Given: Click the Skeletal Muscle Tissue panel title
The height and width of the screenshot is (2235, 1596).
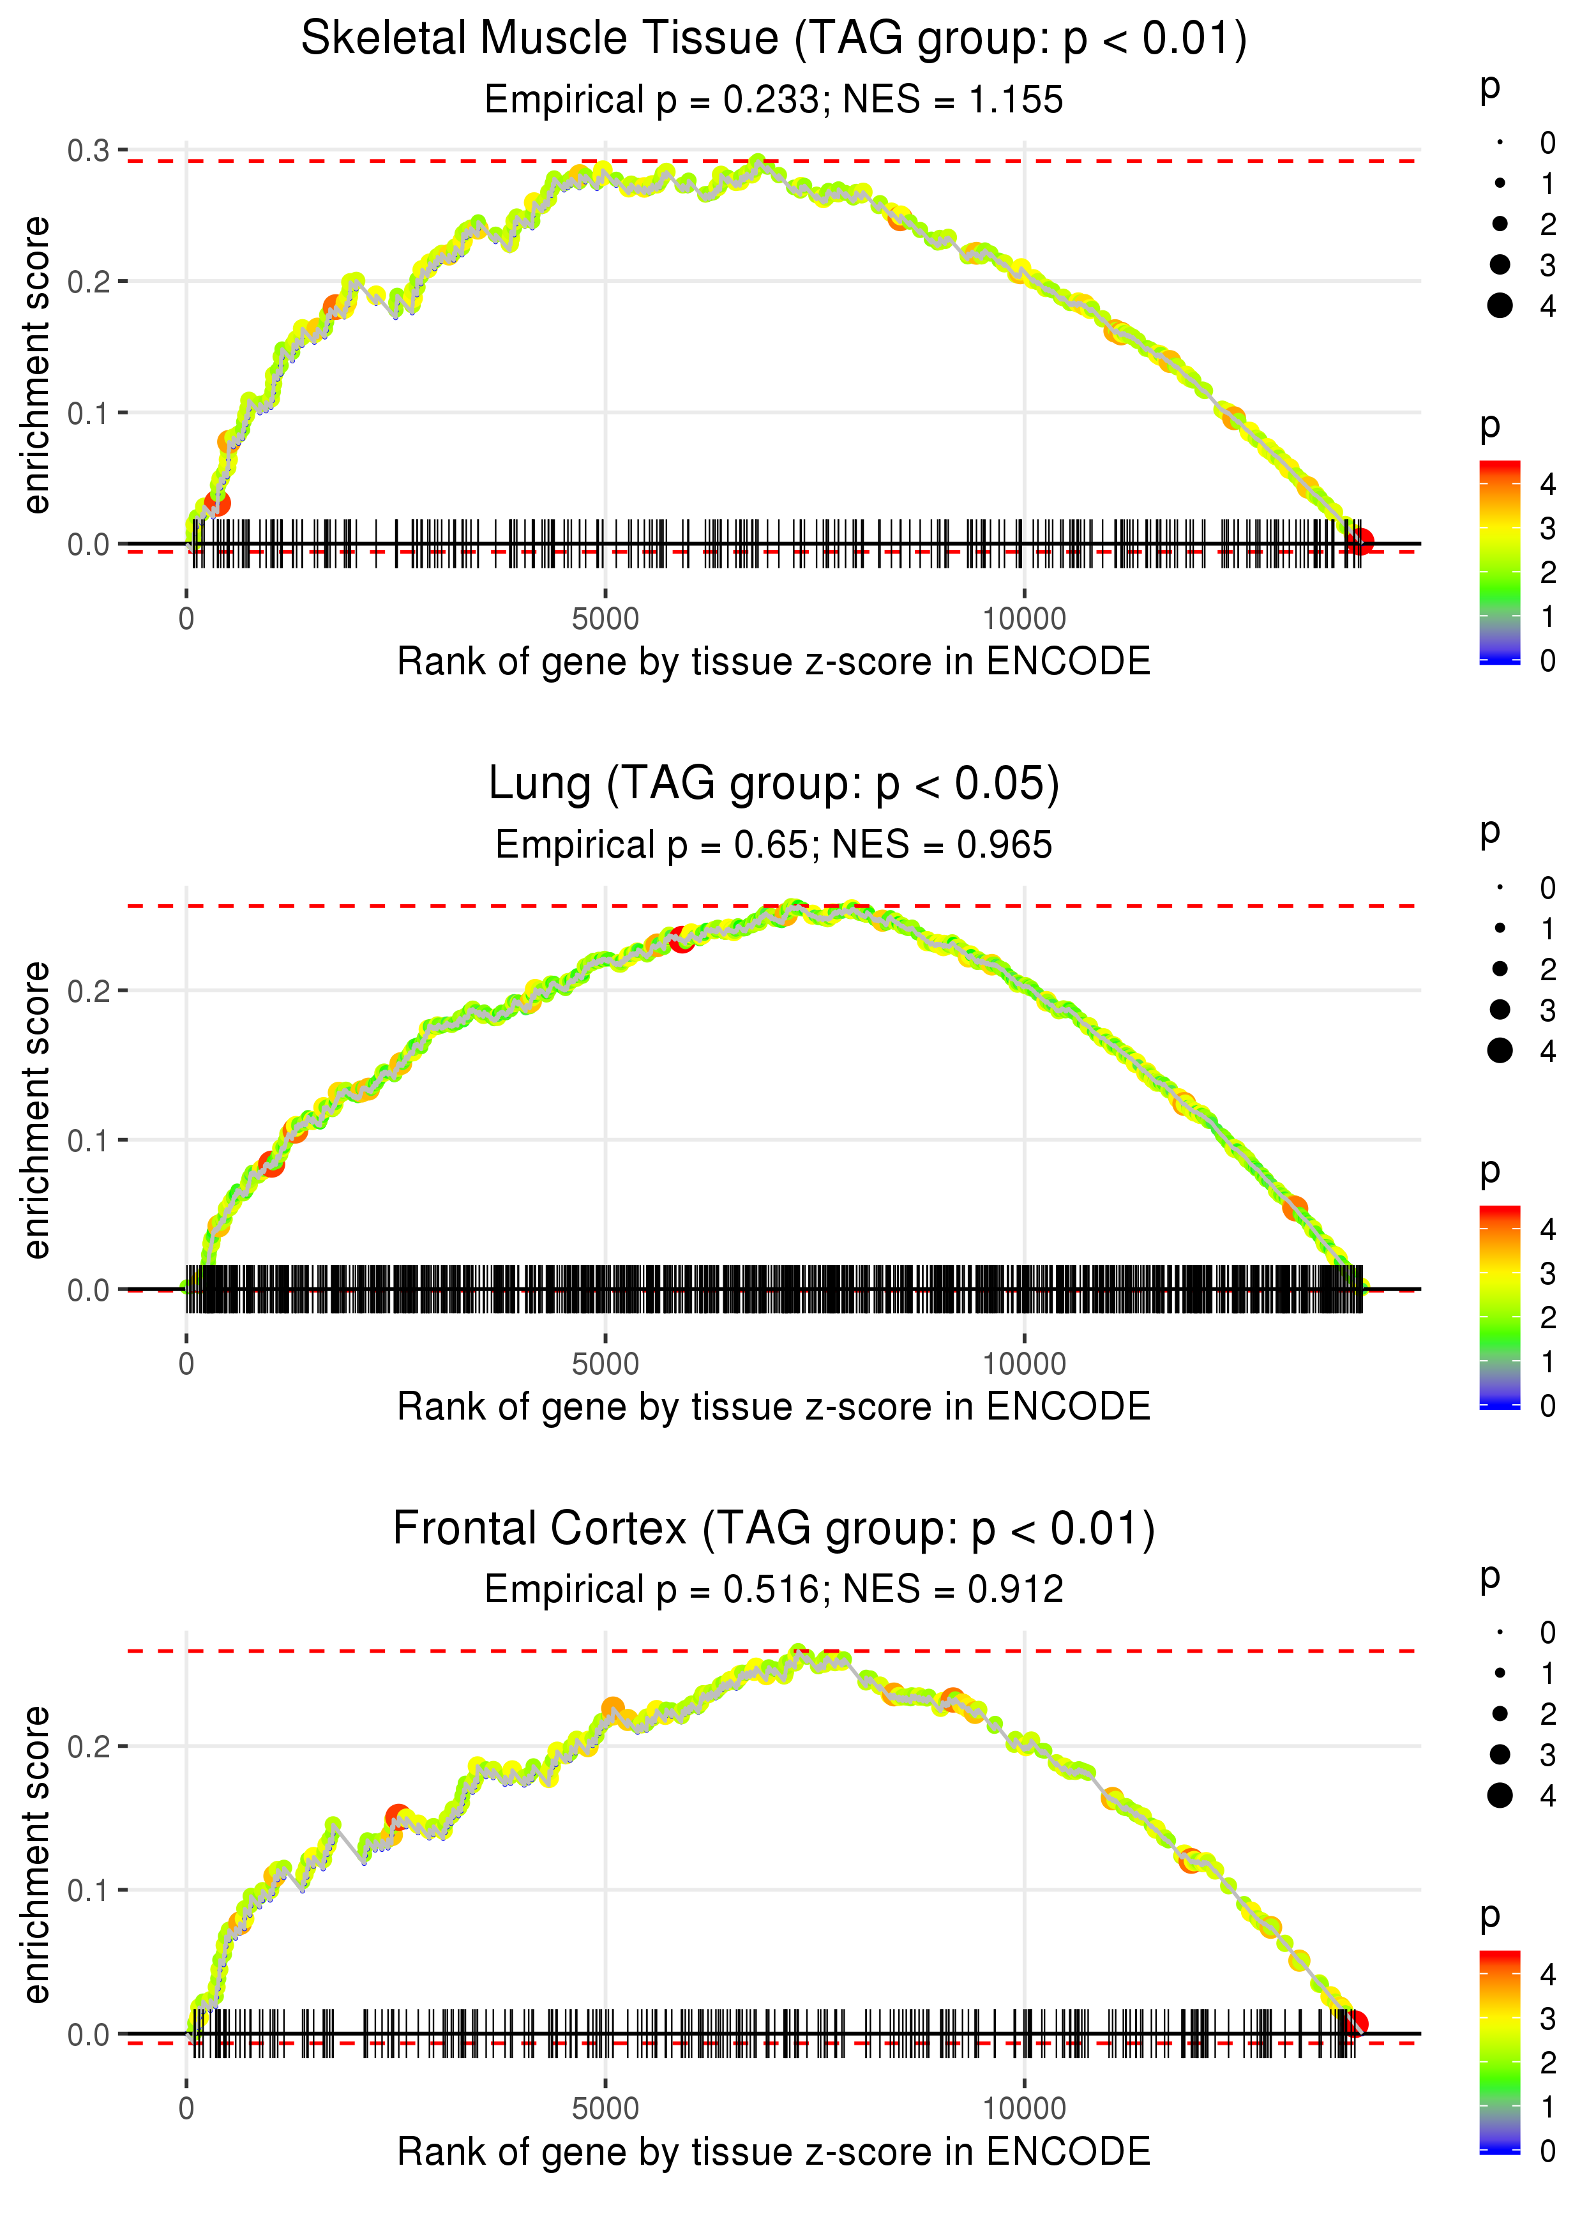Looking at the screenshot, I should click(x=774, y=40).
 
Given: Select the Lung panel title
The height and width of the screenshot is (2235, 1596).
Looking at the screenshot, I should click(x=774, y=784).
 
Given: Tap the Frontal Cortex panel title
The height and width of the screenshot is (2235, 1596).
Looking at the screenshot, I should click(x=774, y=1529).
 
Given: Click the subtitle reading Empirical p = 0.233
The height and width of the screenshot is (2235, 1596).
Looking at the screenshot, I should click(x=774, y=99).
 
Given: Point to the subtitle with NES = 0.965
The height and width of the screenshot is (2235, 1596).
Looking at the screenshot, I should click(x=774, y=844).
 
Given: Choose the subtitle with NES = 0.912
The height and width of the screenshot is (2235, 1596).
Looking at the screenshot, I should click(x=774, y=1589).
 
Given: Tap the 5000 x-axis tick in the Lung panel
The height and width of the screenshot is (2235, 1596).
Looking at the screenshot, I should click(x=605, y=1364).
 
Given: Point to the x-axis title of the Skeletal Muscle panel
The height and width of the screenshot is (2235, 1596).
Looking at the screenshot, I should click(x=774, y=662).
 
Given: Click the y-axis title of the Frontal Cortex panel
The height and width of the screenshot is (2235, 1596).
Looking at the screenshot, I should click(x=36, y=1854).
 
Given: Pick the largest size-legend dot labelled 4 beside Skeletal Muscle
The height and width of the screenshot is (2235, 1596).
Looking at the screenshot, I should click(x=1500, y=306).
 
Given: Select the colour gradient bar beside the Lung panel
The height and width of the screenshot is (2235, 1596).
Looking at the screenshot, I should click(x=1500, y=1307).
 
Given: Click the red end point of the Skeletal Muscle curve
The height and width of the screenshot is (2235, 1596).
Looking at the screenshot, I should click(x=1360, y=542).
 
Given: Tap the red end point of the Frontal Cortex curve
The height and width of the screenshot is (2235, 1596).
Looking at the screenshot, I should click(x=1355, y=2024).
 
